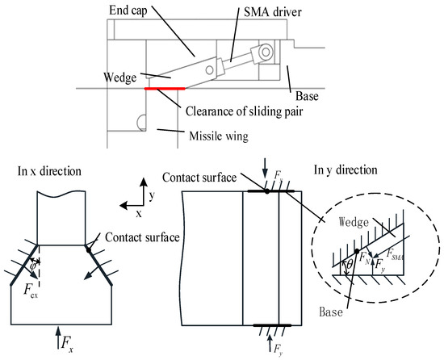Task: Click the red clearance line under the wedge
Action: (165, 88)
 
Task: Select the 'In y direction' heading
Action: (345, 170)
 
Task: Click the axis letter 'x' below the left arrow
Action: (138, 216)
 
